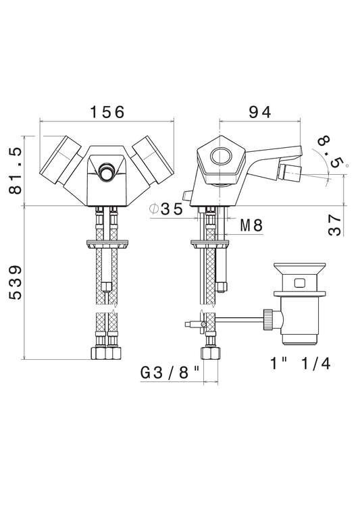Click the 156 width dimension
click(x=107, y=112)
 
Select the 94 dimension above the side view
click(x=260, y=112)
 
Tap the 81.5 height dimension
click(x=16, y=170)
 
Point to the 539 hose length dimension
click(x=16, y=282)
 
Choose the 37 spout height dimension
click(x=334, y=225)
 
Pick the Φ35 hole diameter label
click(x=166, y=209)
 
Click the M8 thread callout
click(x=251, y=225)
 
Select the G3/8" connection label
click(x=170, y=373)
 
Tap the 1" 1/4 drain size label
click(x=301, y=364)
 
